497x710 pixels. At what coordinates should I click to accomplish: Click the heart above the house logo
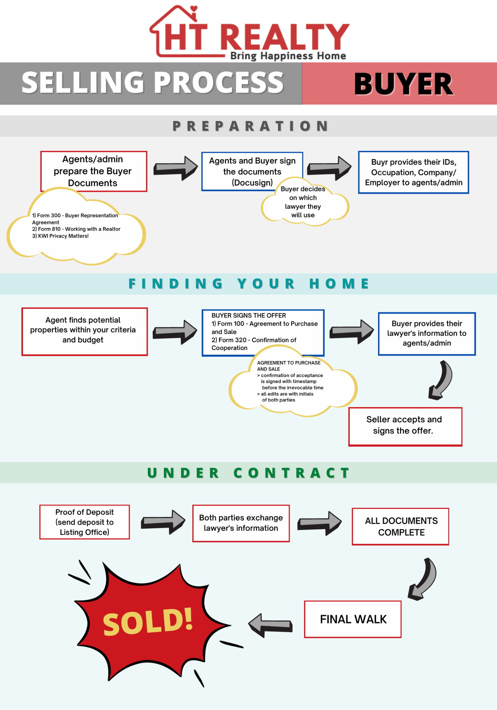point(193,9)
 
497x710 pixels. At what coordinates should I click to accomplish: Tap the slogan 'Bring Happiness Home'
point(288,56)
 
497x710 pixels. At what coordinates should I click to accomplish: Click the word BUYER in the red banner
point(404,84)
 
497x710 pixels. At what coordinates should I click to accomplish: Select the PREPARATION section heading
point(250,126)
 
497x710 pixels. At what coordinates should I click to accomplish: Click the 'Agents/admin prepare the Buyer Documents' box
point(94,171)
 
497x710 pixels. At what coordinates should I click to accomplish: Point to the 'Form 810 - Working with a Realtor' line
point(76,229)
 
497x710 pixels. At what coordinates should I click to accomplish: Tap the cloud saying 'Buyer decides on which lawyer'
point(305,202)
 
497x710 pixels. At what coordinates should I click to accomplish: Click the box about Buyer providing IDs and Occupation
point(414,172)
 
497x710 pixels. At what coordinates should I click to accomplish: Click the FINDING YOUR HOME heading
point(249,284)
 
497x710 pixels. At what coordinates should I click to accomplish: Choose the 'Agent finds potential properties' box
point(84,332)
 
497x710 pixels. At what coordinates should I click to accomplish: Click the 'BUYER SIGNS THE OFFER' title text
point(248,315)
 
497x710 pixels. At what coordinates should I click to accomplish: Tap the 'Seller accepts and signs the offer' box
point(405,426)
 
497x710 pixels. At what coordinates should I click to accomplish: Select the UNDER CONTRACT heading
point(248,473)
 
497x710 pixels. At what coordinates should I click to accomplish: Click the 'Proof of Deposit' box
point(84,522)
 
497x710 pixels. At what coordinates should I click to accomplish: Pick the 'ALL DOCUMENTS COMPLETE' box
point(400,526)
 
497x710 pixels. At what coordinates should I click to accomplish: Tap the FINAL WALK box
point(353,619)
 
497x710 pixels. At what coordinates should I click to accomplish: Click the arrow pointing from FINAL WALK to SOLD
point(270,625)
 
